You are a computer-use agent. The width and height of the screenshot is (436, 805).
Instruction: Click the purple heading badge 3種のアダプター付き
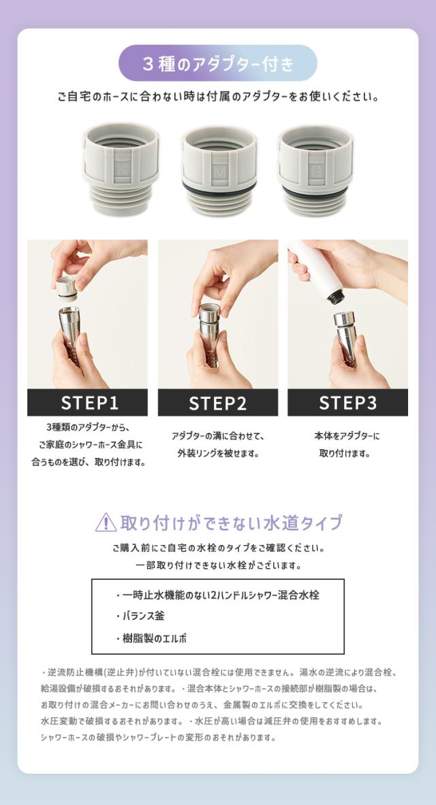tap(218, 63)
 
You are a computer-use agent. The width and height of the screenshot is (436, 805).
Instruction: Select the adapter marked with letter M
tap(219, 170)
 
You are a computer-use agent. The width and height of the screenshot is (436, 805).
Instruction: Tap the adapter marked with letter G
tap(315, 170)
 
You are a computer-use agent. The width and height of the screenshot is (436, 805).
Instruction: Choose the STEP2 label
tap(218, 403)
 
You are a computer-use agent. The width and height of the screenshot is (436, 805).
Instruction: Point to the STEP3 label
tap(347, 403)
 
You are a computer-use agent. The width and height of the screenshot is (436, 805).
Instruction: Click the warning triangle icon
tap(106, 523)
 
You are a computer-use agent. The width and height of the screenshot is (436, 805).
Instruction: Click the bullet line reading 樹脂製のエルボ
tap(151, 639)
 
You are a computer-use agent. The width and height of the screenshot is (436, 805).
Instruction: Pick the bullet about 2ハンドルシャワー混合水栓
tap(218, 595)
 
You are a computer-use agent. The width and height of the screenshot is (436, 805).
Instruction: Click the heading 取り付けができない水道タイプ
tap(231, 523)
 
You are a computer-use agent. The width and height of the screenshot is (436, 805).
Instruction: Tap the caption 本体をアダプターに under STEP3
tap(347, 436)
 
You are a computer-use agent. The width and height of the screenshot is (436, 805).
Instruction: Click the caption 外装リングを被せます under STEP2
tap(218, 454)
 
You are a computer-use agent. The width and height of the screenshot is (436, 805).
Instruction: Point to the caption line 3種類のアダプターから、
tap(87, 427)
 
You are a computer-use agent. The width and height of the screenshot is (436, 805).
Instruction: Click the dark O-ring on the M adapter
tap(219, 186)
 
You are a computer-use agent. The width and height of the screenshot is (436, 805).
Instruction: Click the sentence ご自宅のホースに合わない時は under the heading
tap(218, 97)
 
